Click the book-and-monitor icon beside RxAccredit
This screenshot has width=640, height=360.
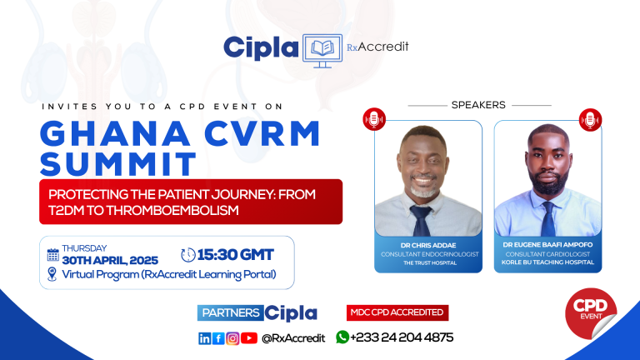pos(322,48)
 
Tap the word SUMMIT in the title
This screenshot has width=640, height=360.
pos(118,162)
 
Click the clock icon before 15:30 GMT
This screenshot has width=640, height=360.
pos(189,254)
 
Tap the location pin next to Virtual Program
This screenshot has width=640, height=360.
pos(52,274)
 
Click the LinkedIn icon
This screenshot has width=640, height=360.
pos(204,337)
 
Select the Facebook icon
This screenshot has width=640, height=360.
pos(218,337)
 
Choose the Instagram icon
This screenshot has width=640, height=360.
pos(232,337)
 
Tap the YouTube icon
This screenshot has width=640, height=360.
pos(249,337)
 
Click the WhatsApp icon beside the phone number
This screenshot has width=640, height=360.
pos(342,337)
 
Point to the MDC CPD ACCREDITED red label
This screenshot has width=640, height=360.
pos(397,312)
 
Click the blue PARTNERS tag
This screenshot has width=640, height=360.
pos(230,313)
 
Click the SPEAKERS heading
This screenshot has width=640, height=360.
pos(478,105)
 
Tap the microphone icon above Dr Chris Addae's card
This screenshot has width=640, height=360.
pos(374,119)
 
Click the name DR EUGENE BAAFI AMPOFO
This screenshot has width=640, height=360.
pos(547,244)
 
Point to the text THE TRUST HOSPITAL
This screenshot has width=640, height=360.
pos(428,262)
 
